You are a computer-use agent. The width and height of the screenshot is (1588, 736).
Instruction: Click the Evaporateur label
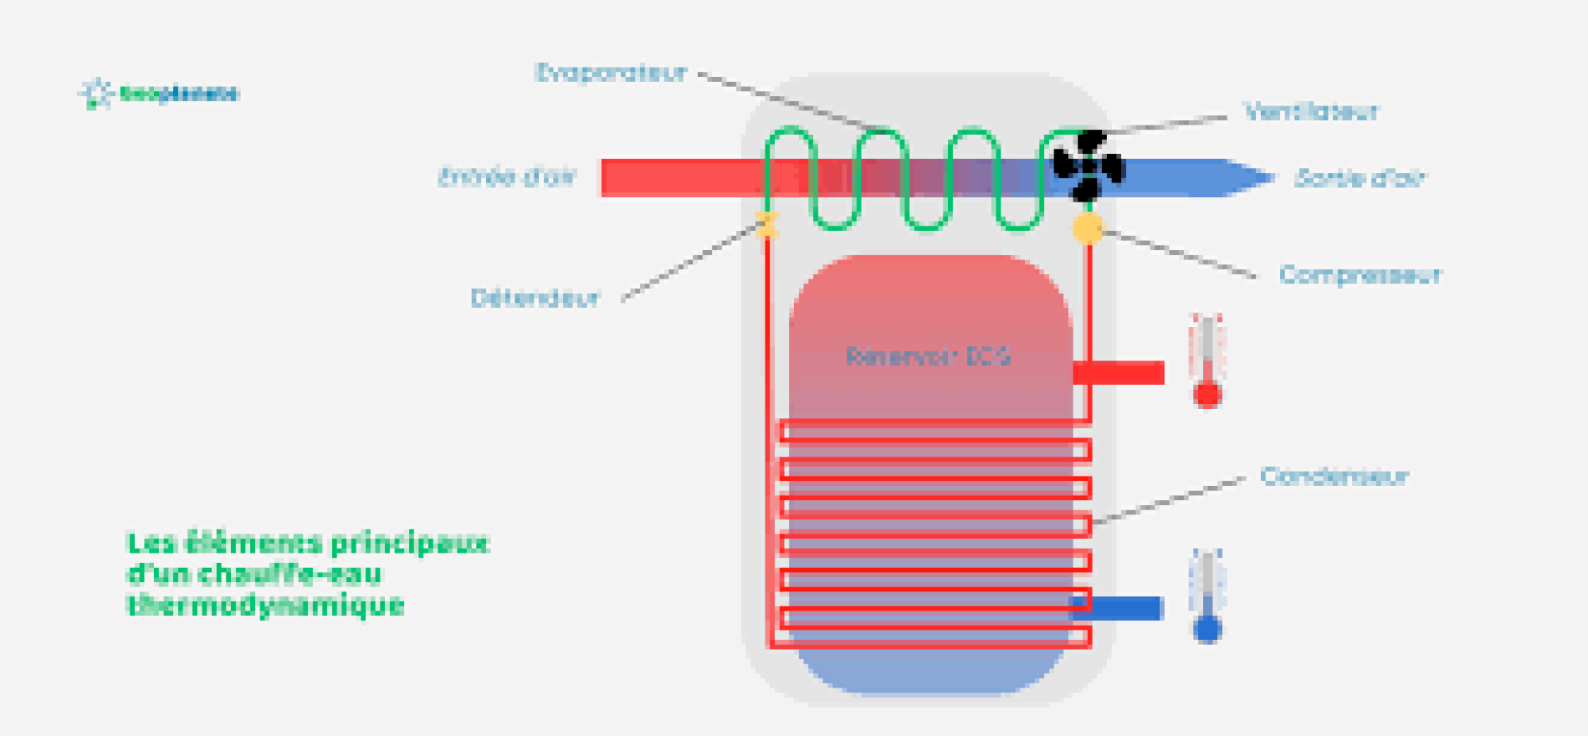pyautogui.click(x=611, y=73)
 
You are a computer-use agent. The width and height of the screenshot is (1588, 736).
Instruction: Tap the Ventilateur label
pyautogui.click(x=1311, y=112)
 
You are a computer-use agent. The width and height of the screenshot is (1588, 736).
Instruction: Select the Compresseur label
pyautogui.click(x=1360, y=276)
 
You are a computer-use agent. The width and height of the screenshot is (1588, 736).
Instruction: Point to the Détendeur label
pyautogui.click(x=535, y=299)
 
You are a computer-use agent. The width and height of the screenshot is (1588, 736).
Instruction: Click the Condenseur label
pyautogui.click(x=1335, y=476)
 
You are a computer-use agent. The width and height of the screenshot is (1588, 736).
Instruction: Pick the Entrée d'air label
pyautogui.click(x=507, y=176)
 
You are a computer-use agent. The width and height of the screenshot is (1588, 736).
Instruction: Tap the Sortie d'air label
pyautogui.click(x=1360, y=179)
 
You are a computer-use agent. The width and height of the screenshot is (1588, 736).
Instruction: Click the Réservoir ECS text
pyautogui.click(x=928, y=356)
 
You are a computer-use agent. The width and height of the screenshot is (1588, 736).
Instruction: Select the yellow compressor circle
pyautogui.click(x=1088, y=229)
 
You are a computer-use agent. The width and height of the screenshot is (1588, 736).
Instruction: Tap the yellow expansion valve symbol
pyautogui.click(x=767, y=225)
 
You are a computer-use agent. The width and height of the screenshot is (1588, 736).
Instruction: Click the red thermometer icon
pyautogui.click(x=1207, y=361)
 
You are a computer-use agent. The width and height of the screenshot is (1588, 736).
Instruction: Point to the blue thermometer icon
pyautogui.click(x=1207, y=595)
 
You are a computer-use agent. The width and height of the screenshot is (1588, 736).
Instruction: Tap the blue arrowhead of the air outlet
pyautogui.click(x=1247, y=177)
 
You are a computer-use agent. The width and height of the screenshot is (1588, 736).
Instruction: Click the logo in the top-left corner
pyautogui.click(x=159, y=94)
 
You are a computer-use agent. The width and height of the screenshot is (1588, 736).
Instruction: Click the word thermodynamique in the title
pyautogui.click(x=266, y=606)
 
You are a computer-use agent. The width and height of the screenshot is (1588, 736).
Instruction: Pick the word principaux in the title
pyautogui.click(x=410, y=544)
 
